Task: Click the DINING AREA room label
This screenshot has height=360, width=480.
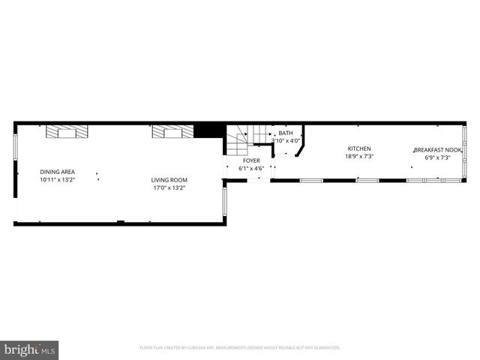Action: [57, 172]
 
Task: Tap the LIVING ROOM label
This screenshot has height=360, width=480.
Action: [169, 180]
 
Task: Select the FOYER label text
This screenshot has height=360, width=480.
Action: [251, 160]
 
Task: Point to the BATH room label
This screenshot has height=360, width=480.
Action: [285, 133]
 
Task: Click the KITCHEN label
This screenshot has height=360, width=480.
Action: [358, 148]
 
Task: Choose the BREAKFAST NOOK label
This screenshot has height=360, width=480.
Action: [437, 150]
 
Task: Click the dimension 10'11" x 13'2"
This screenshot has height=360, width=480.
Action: [57, 180]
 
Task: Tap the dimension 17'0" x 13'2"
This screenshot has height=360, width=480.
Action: [169, 187]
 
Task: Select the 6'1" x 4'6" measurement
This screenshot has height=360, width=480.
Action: [251, 169]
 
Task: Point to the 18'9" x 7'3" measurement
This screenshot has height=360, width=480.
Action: [358, 157]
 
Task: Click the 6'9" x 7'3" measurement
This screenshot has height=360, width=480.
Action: [437, 157]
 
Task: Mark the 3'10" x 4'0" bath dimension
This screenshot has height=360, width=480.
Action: [285, 140]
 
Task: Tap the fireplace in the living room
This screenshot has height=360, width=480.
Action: [172, 132]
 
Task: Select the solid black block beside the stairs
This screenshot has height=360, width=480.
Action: [204, 131]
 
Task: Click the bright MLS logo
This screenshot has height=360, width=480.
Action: [29, 349]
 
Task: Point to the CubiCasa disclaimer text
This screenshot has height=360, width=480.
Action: [240, 348]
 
